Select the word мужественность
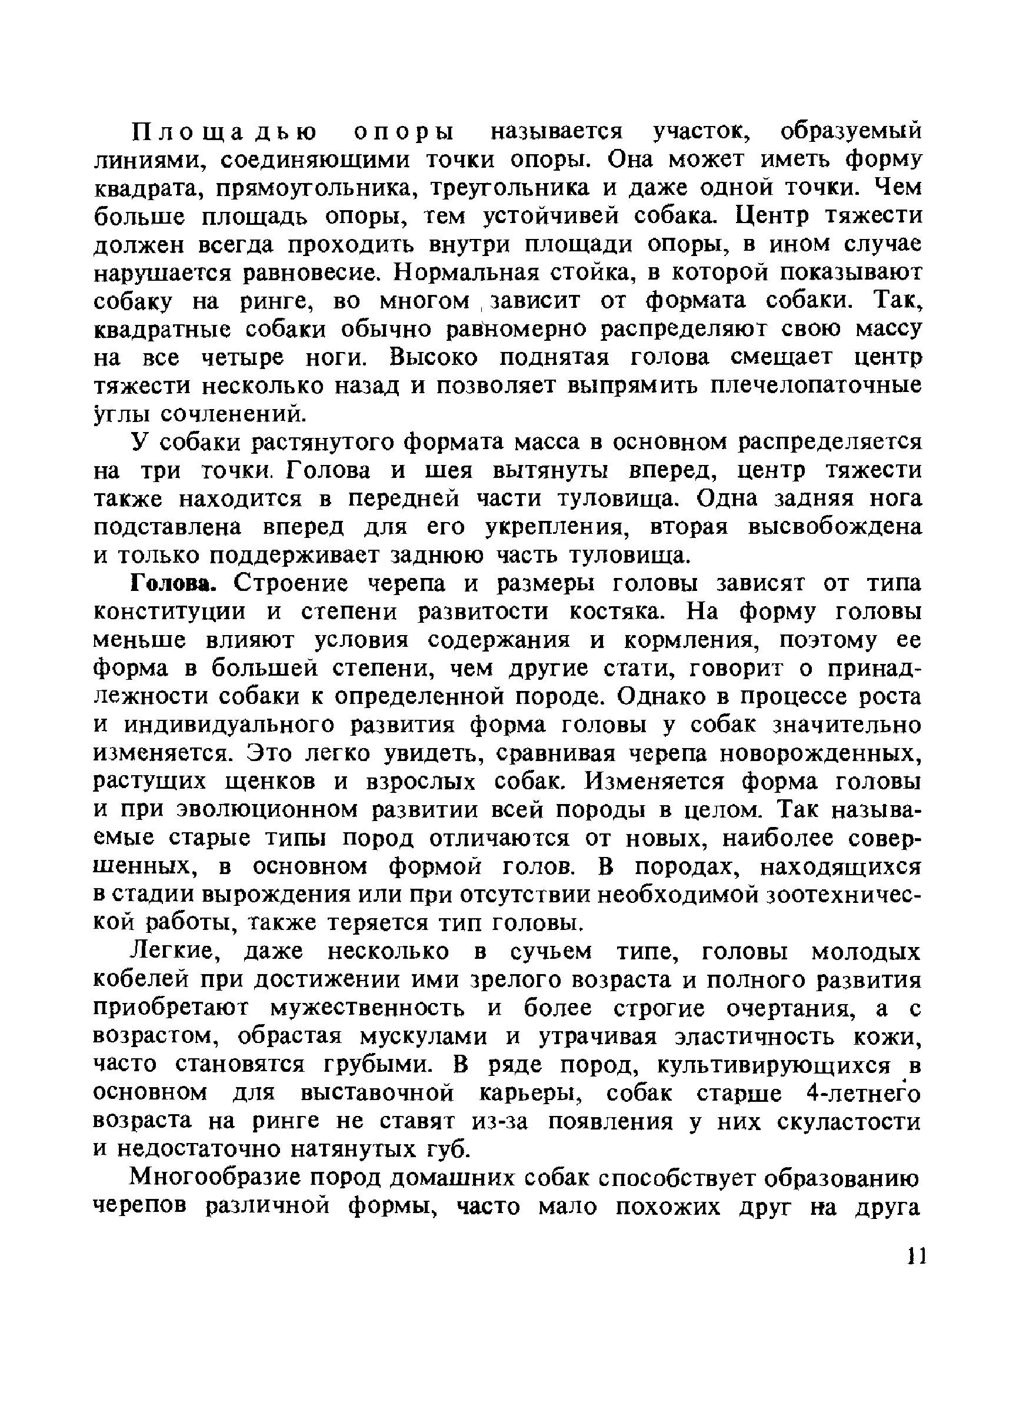click(x=368, y=1009)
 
